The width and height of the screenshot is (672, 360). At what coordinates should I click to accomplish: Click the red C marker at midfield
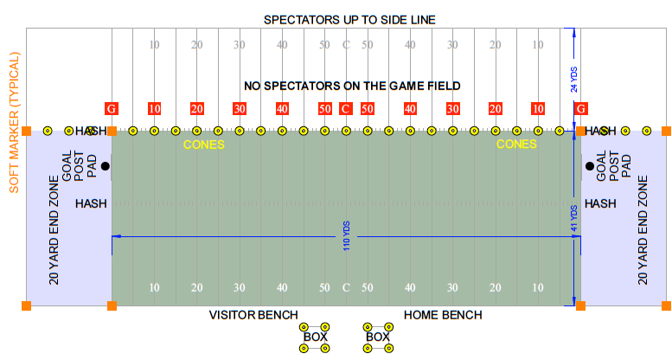[345, 108]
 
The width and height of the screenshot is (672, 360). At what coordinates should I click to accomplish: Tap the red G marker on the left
[111, 108]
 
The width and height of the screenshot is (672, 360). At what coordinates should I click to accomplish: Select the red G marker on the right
[581, 108]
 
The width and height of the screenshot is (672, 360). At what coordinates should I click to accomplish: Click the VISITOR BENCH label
[253, 314]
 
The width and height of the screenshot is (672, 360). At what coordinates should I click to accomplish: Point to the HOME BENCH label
[443, 314]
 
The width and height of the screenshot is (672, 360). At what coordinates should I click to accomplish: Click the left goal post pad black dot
[105, 165]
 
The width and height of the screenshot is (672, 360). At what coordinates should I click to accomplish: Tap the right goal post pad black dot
[589, 165]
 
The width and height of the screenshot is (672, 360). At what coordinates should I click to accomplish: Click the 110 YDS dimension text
[346, 235]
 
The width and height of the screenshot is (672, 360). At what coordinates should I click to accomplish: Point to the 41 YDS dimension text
[573, 219]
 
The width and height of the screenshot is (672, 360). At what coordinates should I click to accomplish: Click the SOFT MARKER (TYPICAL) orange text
[14, 121]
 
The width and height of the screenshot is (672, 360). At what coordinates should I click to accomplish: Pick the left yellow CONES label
[204, 145]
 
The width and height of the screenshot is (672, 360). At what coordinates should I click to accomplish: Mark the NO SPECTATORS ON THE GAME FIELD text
[352, 86]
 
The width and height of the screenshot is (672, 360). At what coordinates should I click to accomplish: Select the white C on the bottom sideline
[345, 287]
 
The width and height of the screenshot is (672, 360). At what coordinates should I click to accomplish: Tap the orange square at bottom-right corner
[666, 305]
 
